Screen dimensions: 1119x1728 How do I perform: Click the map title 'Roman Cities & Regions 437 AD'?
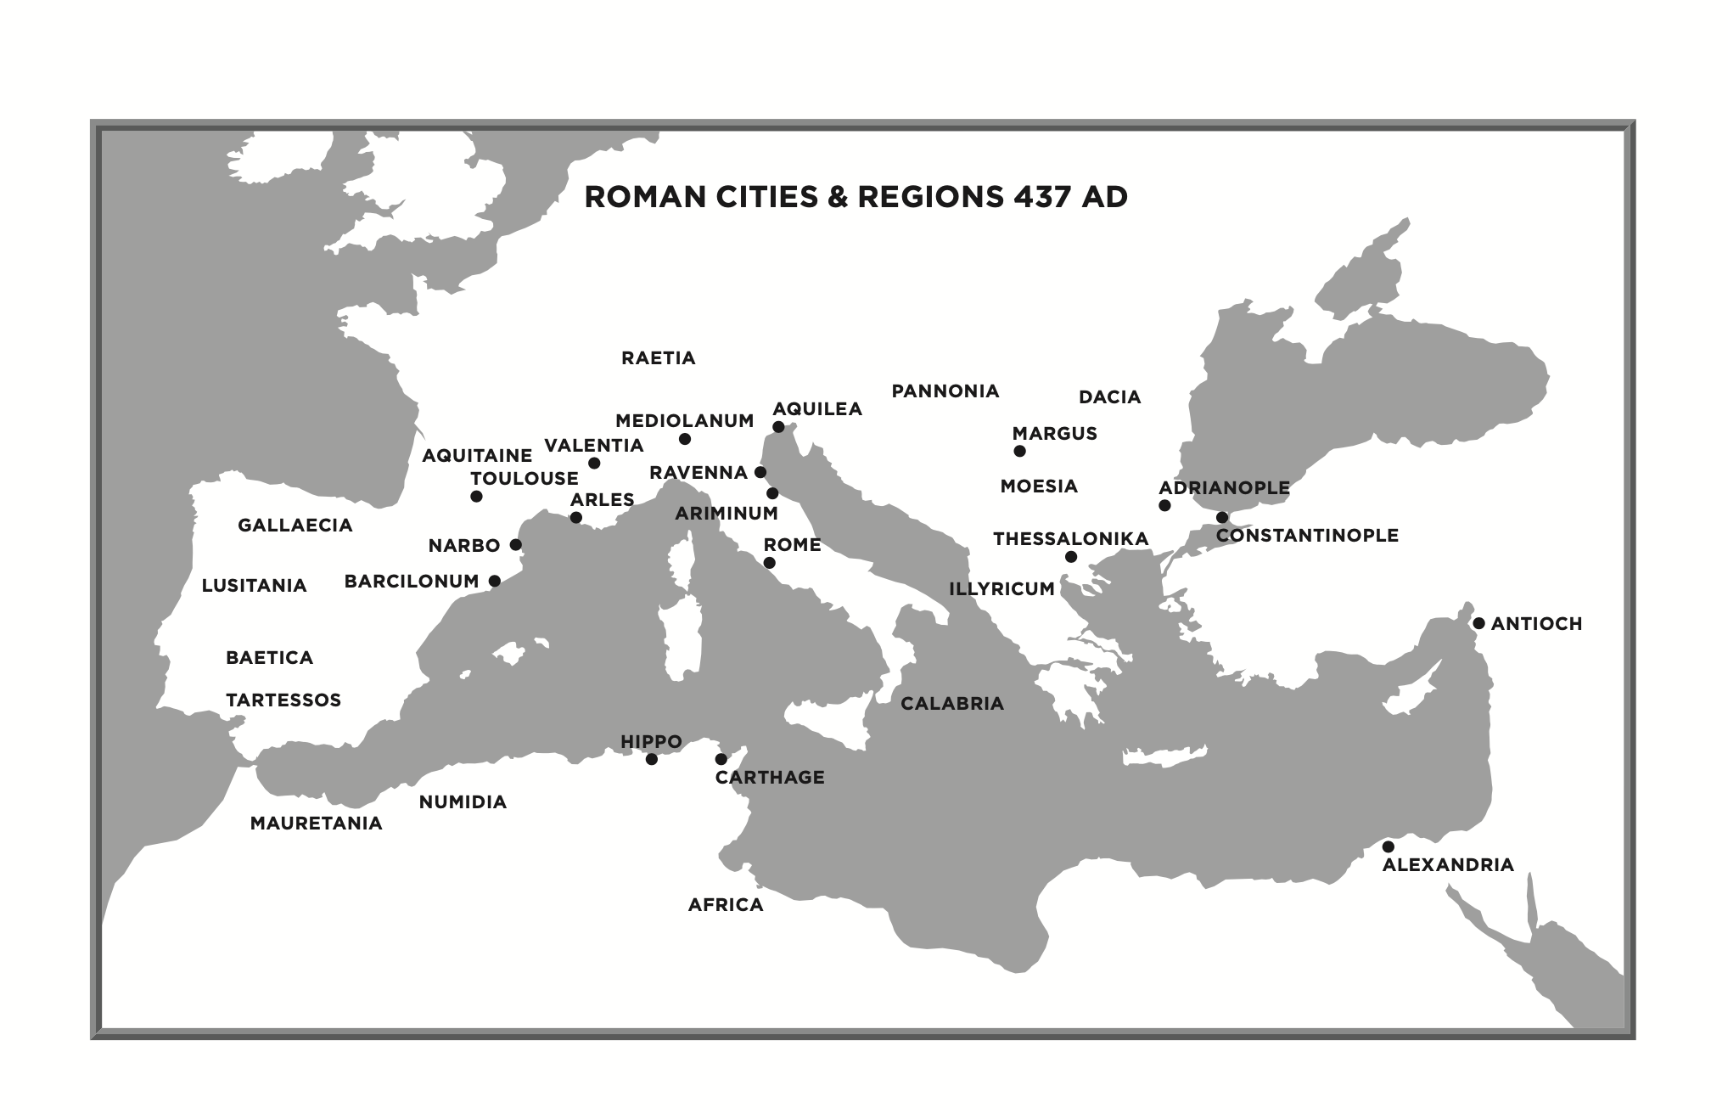point(856,197)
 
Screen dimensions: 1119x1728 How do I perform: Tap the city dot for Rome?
point(769,563)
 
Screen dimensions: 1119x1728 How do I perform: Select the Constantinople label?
point(1307,536)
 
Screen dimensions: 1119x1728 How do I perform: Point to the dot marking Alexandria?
point(1388,846)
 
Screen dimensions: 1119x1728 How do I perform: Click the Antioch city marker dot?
point(1478,623)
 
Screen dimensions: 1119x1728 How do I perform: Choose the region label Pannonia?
point(945,391)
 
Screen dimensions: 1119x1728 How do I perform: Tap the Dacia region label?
point(1109,397)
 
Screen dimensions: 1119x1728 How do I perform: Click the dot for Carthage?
point(721,759)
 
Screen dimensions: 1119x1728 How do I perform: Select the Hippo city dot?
point(651,759)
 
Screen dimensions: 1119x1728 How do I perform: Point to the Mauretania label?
point(316,824)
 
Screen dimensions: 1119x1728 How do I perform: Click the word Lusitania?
point(254,586)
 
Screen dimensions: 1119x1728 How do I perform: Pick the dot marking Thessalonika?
point(1071,557)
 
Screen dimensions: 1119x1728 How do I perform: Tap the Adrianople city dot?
point(1164,505)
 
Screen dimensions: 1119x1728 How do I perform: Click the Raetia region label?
point(658,358)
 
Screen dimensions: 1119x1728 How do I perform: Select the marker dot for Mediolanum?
point(685,439)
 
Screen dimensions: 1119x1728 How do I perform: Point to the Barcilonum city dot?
point(495,581)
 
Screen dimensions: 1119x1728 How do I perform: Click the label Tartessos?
point(283,700)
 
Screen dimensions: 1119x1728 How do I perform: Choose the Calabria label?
point(951,704)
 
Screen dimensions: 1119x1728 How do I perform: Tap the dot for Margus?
point(1019,451)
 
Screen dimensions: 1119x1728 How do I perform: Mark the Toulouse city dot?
point(476,497)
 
